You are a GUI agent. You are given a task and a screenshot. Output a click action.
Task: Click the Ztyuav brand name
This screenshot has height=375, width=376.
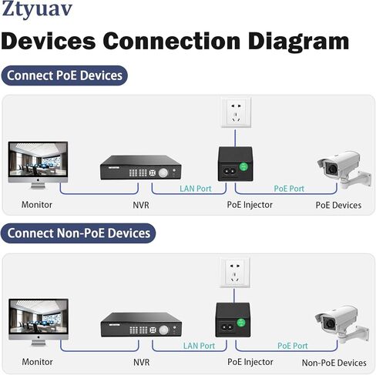[37, 9]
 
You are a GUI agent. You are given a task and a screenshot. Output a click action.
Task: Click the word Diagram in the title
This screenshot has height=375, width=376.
[298, 42]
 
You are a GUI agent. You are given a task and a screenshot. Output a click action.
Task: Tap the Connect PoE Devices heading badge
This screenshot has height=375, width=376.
[65, 75]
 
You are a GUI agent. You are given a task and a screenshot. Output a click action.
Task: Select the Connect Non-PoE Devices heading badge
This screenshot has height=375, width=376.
[79, 233]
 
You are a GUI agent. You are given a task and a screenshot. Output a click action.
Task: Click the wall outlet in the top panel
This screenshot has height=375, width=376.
[236, 112]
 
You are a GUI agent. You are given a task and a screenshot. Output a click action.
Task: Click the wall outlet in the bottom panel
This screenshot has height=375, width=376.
[235, 273]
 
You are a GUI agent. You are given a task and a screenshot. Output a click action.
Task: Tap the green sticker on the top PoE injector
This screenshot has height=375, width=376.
[243, 166]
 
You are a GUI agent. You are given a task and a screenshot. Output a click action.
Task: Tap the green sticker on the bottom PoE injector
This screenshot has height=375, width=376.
[241, 323]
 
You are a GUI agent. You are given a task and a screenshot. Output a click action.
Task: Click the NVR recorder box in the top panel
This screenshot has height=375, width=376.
[141, 167]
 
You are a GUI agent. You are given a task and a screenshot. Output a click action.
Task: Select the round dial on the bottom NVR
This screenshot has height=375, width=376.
[163, 330]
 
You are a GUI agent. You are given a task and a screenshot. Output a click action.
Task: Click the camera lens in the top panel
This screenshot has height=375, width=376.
[332, 169]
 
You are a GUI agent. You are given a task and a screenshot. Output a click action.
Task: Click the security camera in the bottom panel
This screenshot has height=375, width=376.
[342, 324]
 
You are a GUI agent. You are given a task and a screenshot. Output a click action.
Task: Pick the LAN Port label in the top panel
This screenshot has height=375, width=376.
[196, 189]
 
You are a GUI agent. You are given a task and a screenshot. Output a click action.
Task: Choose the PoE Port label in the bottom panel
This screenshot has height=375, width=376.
[293, 346]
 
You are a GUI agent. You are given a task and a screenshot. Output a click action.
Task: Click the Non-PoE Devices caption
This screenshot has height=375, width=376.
[334, 363]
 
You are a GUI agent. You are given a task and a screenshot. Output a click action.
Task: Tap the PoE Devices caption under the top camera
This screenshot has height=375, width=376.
[338, 205]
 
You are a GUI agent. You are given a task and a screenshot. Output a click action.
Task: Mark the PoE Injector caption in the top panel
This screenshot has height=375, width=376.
[250, 205]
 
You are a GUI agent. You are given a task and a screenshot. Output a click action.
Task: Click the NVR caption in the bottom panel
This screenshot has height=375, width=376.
[141, 362]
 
